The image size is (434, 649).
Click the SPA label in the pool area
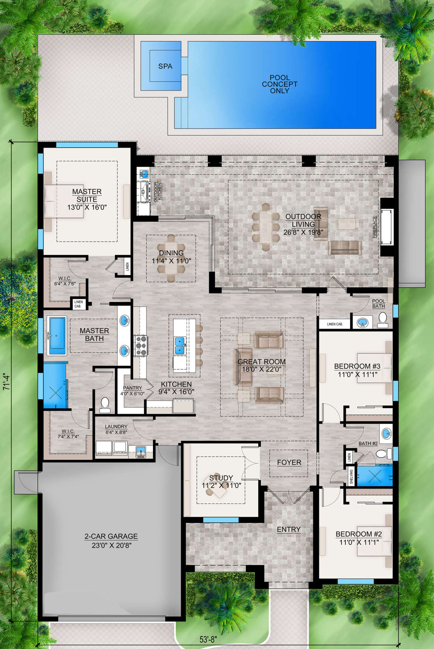[x=165, y=66]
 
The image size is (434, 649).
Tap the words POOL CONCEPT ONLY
[x=280, y=84]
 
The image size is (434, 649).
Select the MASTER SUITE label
[x=87, y=195]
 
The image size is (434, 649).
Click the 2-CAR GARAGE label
[x=111, y=537]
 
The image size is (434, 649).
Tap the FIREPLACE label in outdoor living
[x=375, y=227]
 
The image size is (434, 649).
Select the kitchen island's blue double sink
[x=180, y=346]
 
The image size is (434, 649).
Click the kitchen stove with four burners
[x=140, y=346]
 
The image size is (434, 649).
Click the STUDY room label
[x=221, y=478]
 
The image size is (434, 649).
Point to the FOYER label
[x=289, y=462]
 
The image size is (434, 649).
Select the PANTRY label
[x=132, y=388]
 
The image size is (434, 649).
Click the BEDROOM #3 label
[x=357, y=366]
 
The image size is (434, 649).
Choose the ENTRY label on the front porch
[x=289, y=529]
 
